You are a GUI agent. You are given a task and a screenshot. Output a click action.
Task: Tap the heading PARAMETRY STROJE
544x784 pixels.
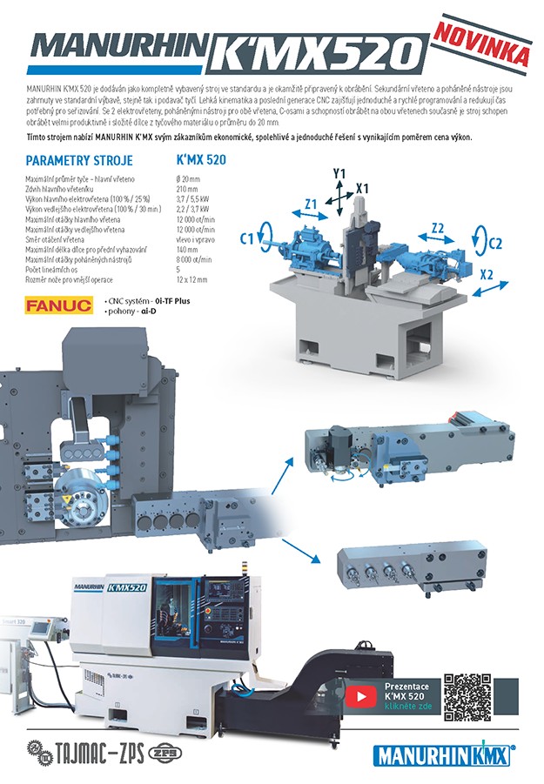pos(79,161)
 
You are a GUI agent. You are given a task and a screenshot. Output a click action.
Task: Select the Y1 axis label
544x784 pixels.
pos(339,174)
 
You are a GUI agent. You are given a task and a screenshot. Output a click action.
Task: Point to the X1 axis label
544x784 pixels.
pos(362,187)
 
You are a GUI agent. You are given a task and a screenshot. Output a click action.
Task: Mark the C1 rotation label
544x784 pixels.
pos(246,237)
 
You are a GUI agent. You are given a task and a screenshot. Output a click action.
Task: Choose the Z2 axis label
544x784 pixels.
pos(438,228)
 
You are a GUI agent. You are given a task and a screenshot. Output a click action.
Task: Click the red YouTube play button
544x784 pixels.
pos(358,696)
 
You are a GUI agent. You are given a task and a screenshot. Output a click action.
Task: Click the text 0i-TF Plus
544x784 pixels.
pos(166,300)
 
